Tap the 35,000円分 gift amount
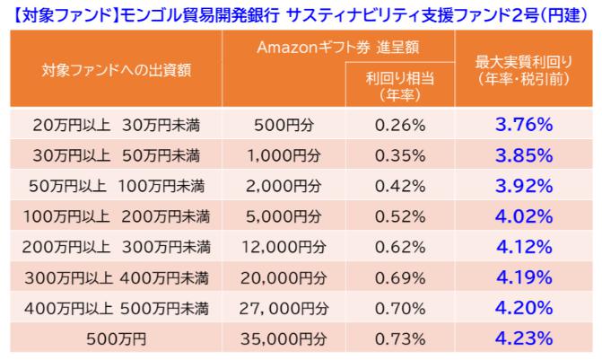click(x=283, y=339)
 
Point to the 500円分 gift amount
click(x=283, y=124)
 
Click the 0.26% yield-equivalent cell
click(x=401, y=124)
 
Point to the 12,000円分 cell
click(x=283, y=247)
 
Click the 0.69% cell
click(x=401, y=277)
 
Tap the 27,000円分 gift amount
click(x=283, y=309)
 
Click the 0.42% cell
click(x=401, y=186)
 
